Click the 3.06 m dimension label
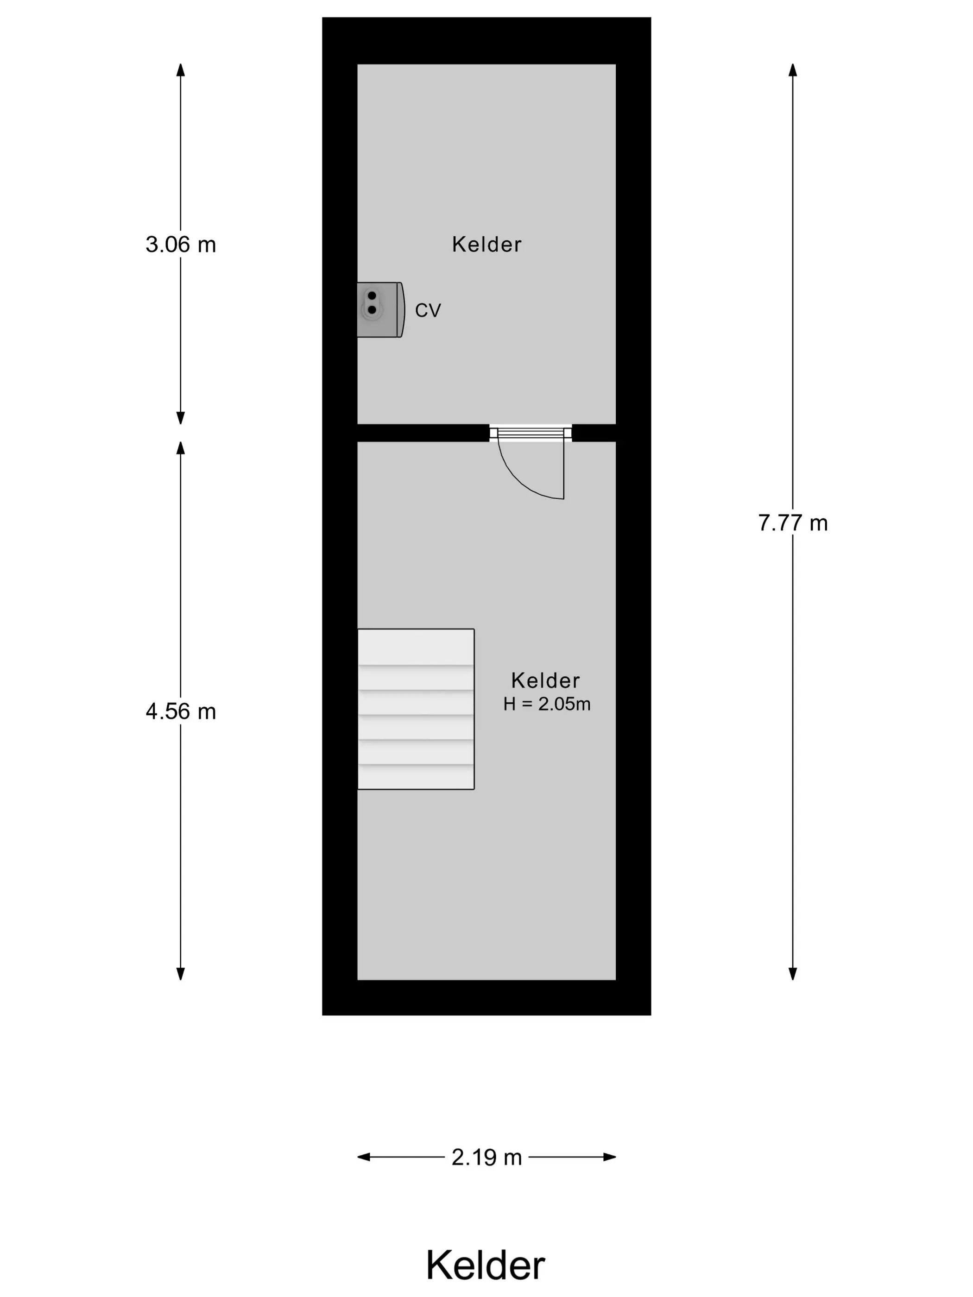(181, 245)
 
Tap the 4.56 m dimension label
(181, 711)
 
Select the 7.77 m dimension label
(793, 523)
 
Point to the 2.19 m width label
(486, 1157)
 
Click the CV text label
(428, 310)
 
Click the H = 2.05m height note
(547, 704)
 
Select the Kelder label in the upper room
(486, 245)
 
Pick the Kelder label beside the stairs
(545, 681)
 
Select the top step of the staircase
(416, 647)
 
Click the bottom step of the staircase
(416, 777)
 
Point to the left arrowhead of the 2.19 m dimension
(364, 1157)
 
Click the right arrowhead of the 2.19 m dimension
(609, 1157)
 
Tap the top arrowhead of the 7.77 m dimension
(793, 70)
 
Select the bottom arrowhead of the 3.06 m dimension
(181, 417)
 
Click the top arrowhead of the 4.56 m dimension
(181, 448)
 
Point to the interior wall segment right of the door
(594, 433)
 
